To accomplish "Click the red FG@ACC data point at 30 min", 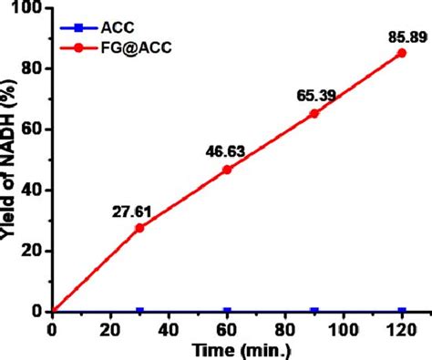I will pyautogui.click(x=139, y=227).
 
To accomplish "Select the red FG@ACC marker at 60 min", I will pyautogui.click(x=227, y=170).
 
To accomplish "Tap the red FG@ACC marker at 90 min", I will pyautogui.click(x=314, y=113).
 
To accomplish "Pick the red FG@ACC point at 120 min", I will pyautogui.click(x=401, y=52).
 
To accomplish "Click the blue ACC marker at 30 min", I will pyautogui.click(x=139, y=311).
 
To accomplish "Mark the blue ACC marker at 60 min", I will pyautogui.click(x=227, y=311).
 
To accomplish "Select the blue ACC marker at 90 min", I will pyautogui.click(x=314, y=311).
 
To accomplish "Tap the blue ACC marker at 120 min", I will pyautogui.click(x=401, y=311).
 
